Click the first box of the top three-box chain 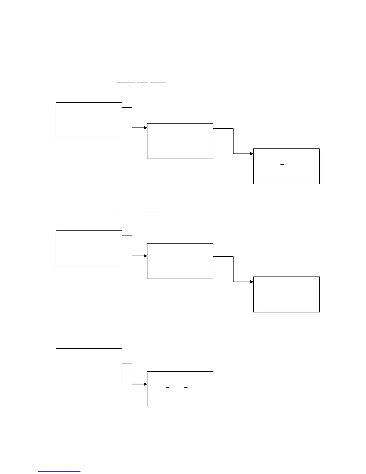89,120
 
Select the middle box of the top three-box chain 180,141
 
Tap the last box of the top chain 286,166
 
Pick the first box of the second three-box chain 89,248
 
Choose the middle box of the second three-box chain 180,261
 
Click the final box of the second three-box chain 286,294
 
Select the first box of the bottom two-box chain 89,366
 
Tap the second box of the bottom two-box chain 180,389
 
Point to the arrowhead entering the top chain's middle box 145,128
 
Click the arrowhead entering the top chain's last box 252,154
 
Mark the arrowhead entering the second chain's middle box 145,256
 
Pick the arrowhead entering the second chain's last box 252,282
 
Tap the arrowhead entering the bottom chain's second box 145,384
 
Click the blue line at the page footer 59,472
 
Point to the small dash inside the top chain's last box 282,165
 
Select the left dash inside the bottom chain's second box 167,388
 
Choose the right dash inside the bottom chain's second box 186,388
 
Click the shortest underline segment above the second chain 140,211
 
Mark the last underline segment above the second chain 155,211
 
